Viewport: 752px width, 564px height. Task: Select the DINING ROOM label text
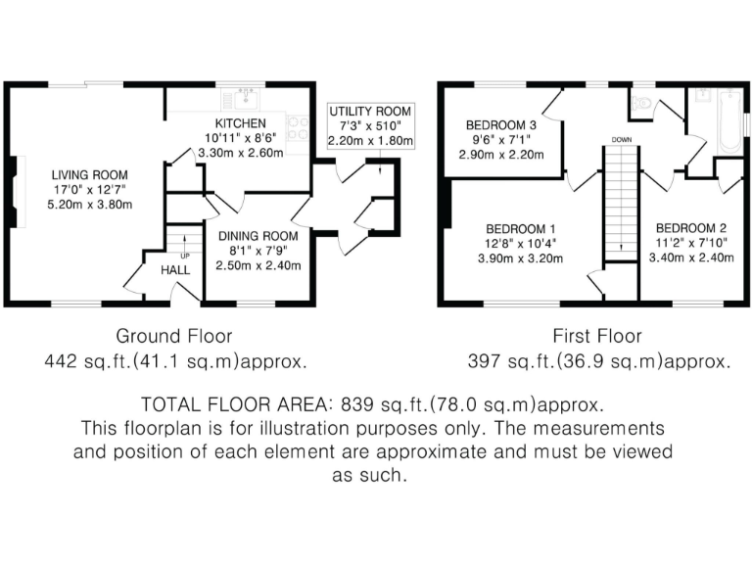pos(258,236)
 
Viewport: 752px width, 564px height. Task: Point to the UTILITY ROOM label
pos(370,113)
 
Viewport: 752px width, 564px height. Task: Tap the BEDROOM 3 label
pos(500,125)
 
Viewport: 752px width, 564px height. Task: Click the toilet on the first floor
pos(642,103)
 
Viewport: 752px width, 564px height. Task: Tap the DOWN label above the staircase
pos(621,140)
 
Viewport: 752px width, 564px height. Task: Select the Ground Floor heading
pos(173,336)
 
